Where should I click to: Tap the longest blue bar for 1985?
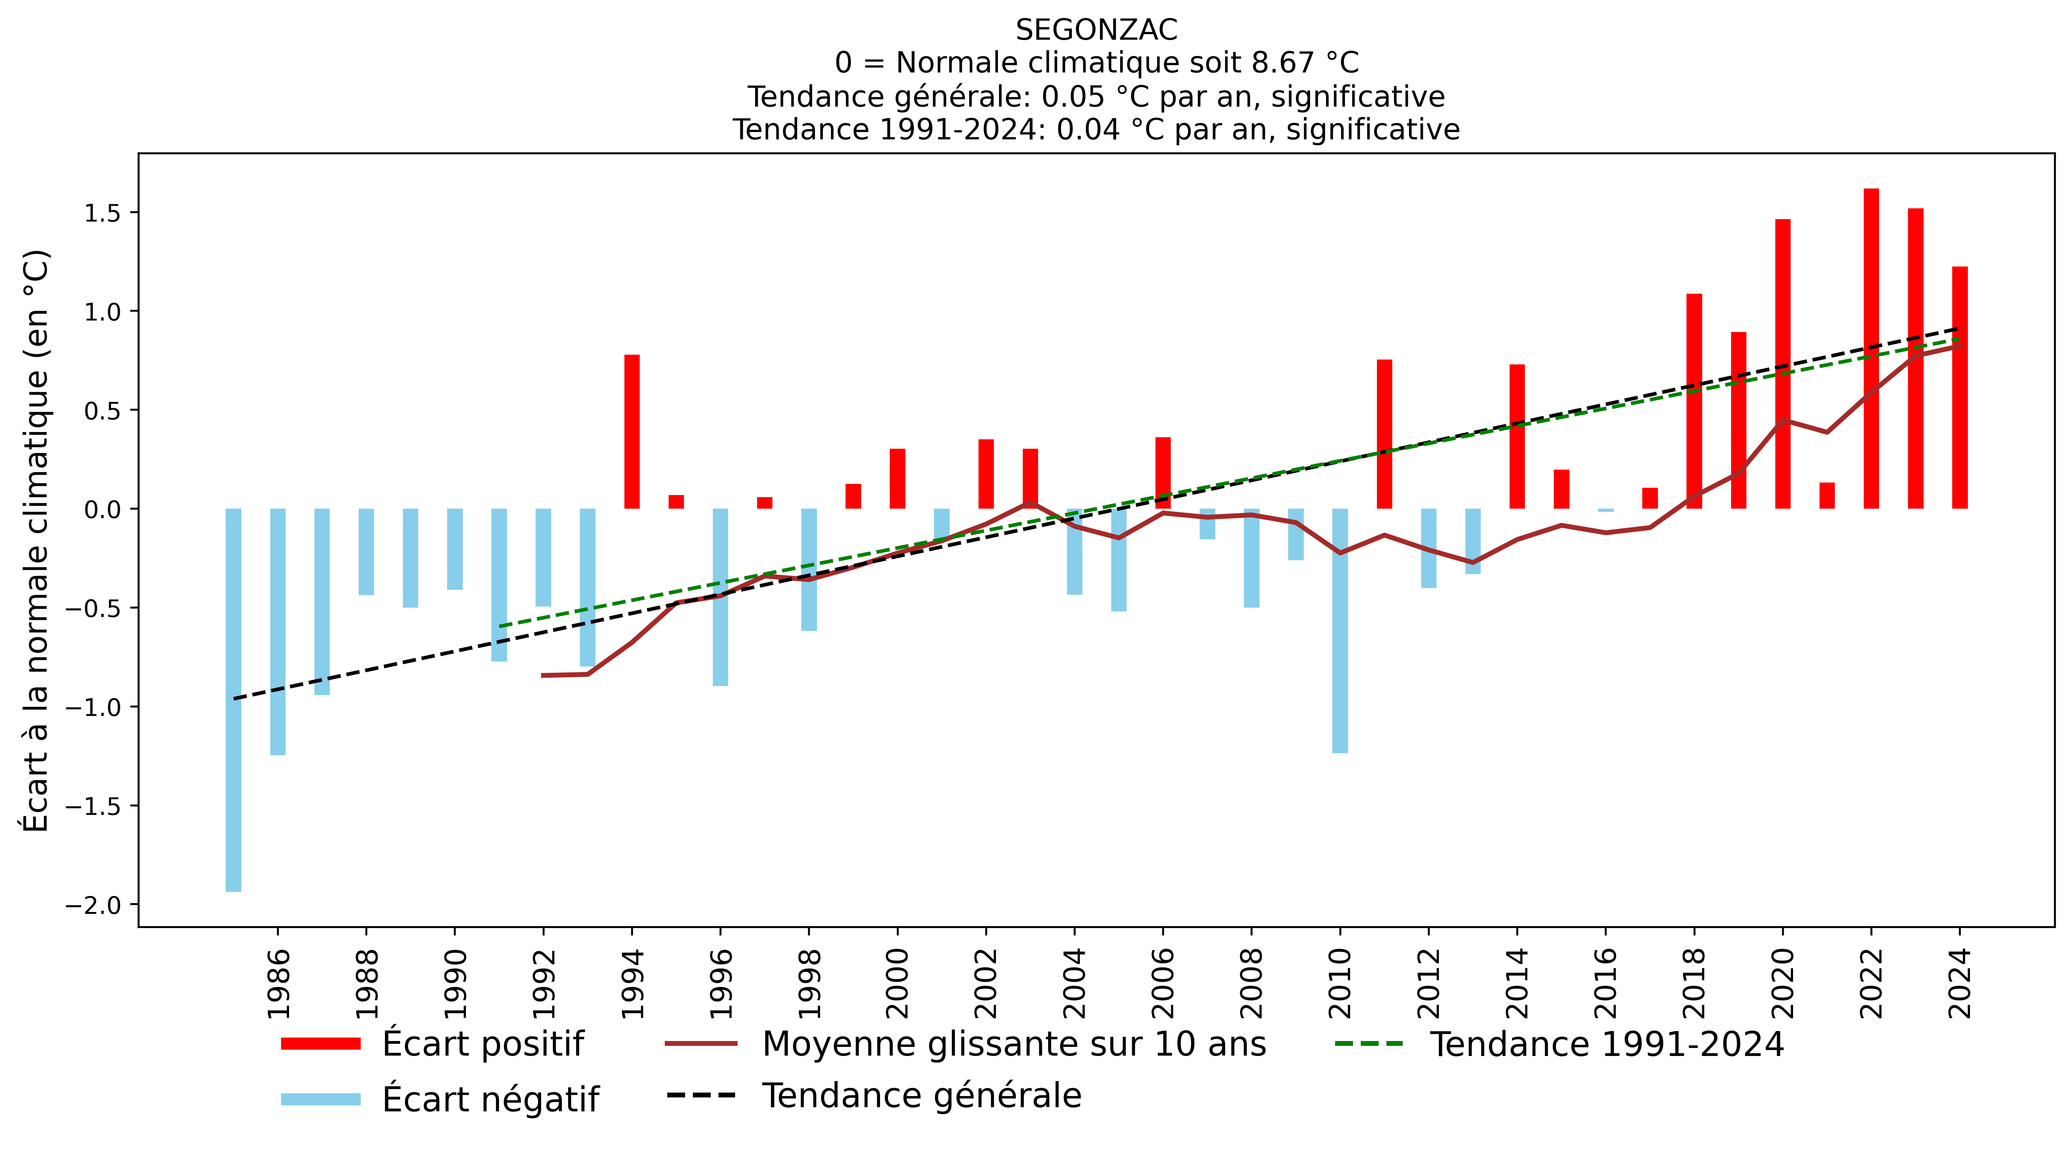coord(233,700)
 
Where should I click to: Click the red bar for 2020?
coord(1782,364)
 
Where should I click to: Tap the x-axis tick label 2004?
coord(1075,983)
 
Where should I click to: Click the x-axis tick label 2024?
coord(1960,983)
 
